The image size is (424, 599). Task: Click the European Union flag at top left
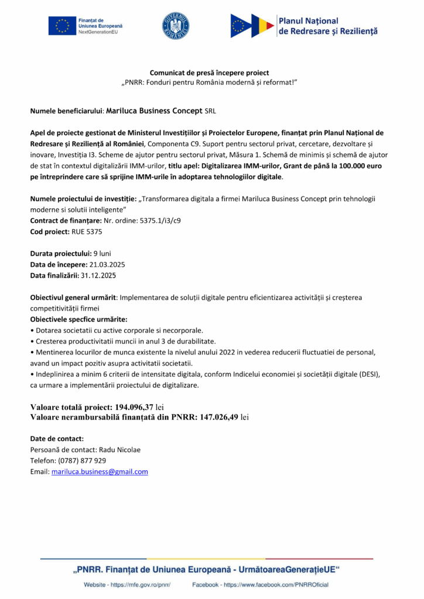point(62,26)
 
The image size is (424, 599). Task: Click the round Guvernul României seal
point(175,26)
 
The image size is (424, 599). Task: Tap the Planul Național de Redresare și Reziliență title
point(329,26)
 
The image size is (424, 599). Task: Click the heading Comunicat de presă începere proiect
point(209,73)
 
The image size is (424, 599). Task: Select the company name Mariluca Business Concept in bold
point(154,110)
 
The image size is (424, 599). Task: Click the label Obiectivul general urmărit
point(73,297)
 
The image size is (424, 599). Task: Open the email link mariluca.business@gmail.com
point(100,471)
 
